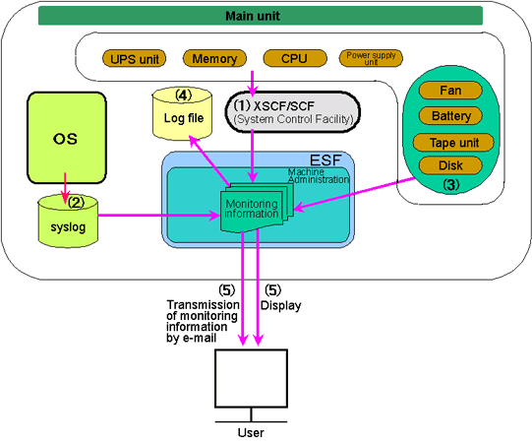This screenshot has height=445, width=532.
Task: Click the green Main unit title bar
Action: (x=261, y=16)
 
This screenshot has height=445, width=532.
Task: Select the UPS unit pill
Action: (x=134, y=59)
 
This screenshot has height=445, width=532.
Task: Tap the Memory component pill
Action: (x=214, y=58)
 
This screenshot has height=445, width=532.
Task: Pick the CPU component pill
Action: (x=295, y=58)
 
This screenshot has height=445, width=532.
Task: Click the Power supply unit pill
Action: (x=371, y=58)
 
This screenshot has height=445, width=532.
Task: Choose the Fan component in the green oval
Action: (x=450, y=91)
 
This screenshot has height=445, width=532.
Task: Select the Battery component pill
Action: (x=450, y=116)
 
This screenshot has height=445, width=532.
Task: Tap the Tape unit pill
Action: (x=453, y=143)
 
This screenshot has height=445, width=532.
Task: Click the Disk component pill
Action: (x=450, y=165)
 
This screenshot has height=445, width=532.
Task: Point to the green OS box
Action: (x=67, y=138)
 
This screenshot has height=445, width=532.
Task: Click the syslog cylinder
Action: (x=68, y=222)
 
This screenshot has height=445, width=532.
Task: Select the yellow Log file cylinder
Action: (x=183, y=114)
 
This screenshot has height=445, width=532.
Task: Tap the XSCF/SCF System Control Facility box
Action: (x=292, y=112)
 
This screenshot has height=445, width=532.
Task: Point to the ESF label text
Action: (x=325, y=160)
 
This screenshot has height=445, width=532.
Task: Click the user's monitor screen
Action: (x=252, y=378)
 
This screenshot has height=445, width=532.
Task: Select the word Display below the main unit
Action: (x=280, y=305)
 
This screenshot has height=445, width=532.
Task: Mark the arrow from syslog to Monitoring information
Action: (x=159, y=216)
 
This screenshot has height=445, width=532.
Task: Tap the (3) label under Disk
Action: (x=451, y=184)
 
